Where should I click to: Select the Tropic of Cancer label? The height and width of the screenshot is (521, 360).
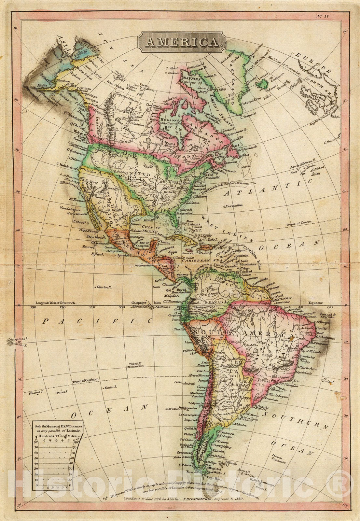[x=298, y=222]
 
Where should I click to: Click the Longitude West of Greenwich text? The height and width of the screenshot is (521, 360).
[x=55, y=303]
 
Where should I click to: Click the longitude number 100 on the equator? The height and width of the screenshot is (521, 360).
[x=122, y=307]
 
